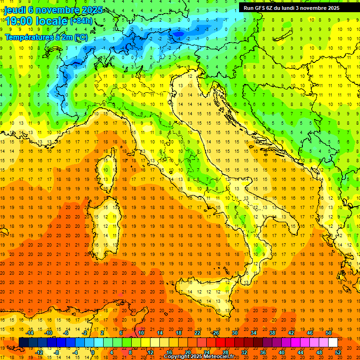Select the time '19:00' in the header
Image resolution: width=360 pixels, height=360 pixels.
20,21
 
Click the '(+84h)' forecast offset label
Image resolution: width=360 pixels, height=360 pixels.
81,21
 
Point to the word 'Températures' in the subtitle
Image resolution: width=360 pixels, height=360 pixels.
29,37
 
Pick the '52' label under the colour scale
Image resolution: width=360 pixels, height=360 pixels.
338,352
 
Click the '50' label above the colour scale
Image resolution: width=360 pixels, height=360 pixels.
329,333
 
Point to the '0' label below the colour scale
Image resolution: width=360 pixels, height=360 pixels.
93,352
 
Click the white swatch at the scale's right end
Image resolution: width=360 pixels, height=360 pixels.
333,343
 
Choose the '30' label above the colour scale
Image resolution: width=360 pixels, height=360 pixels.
235,333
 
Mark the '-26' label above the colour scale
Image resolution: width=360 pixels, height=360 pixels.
215,333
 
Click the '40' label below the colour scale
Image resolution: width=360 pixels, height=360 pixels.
282,352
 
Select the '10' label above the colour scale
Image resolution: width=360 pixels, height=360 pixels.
141,333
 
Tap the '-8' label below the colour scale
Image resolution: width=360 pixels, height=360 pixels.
57,352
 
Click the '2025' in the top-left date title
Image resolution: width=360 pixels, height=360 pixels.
82,9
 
